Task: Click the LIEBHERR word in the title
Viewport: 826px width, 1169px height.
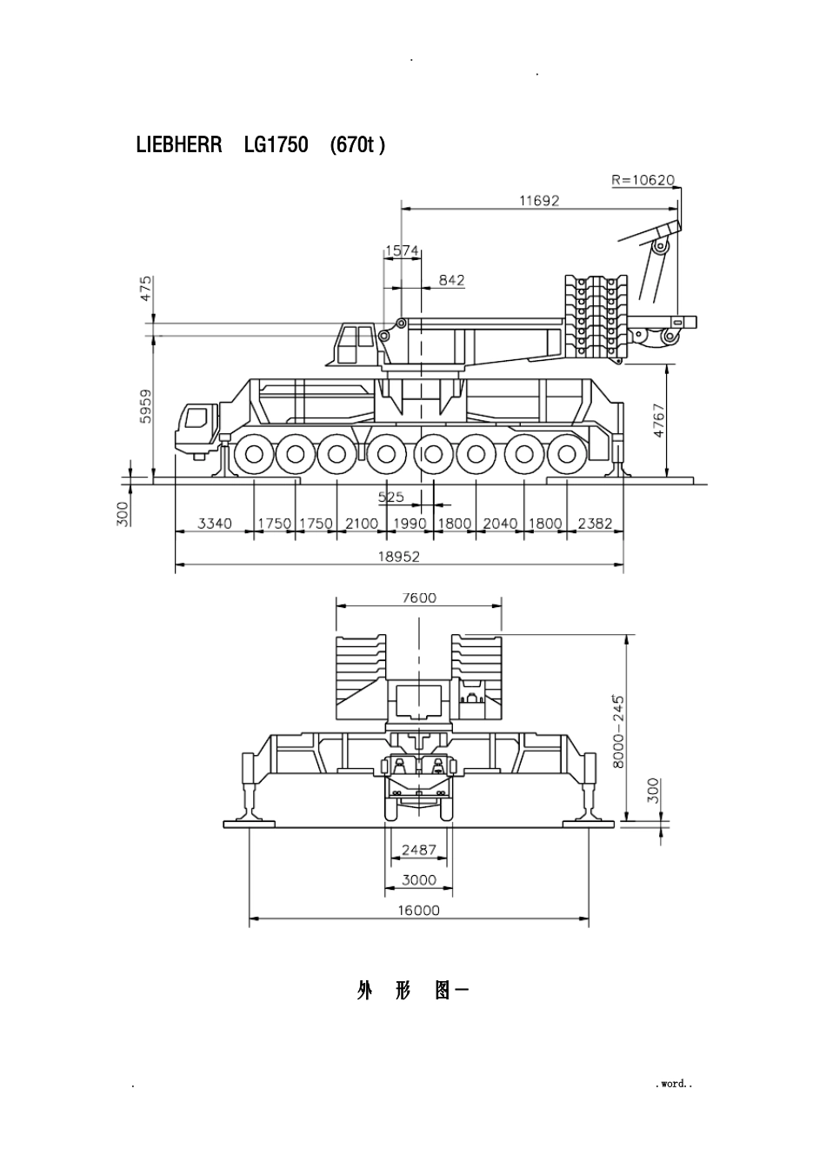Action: tap(179, 144)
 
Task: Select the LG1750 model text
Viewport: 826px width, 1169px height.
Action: tap(276, 144)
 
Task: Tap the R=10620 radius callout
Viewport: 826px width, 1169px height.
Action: tap(643, 180)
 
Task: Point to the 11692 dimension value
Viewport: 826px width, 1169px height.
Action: tap(539, 200)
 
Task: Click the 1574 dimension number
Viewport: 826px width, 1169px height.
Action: tap(402, 251)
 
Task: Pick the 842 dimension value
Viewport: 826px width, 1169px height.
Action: tap(451, 280)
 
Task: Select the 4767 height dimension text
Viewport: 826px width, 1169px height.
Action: tap(658, 420)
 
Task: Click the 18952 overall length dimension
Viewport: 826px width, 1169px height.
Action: tap(399, 557)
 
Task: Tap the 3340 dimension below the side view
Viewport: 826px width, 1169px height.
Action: tap(215, 523)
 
